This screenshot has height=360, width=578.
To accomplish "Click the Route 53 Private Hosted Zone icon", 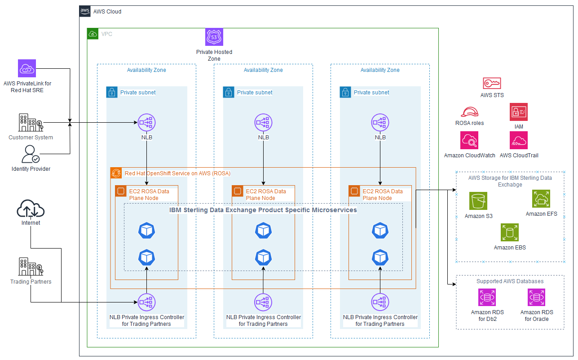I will pyautogui.click(x=214, y=37).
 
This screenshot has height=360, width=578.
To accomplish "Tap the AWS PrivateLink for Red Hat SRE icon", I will pyautogui.click(x=27, y=68).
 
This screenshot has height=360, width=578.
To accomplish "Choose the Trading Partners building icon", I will pyautogui.click(x=31, y=267).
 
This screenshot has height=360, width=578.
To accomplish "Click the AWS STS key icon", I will pyautogui.click(x=492, y=83).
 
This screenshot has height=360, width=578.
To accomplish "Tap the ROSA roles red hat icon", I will pyautogui.click(x=469, y=112).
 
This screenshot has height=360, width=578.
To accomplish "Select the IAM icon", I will pyautogui.click(x=519, y=112).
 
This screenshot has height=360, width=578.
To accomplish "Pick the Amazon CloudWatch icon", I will pyautogui.click(x=469, y=140).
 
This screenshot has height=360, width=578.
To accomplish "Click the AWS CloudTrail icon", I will pyautogui.click(x=519, y=140).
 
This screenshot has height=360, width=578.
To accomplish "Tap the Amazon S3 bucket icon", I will pyautogui.click(x=478, y=201).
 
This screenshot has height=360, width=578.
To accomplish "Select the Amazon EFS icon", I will pyautogui.click(x=541, y=199).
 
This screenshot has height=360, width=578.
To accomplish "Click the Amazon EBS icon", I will pyautogui.click(x=510, y=232).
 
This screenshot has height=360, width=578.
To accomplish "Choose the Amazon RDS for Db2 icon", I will pyautogui.click(x=487, y=298).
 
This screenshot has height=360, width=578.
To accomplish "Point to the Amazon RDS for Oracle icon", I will pyautogui.click(x=537, y=298).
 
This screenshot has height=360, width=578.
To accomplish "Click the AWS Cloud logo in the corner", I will pyautogui.click(x=85, y=11).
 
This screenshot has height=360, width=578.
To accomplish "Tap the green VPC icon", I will pyautogui.click(x=93, y=34).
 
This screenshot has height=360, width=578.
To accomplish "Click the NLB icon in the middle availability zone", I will pyautogui.click(x=264, y=122).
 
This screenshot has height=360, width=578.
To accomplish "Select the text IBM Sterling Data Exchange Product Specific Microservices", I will pyautogui.click(x=263, y=210).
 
